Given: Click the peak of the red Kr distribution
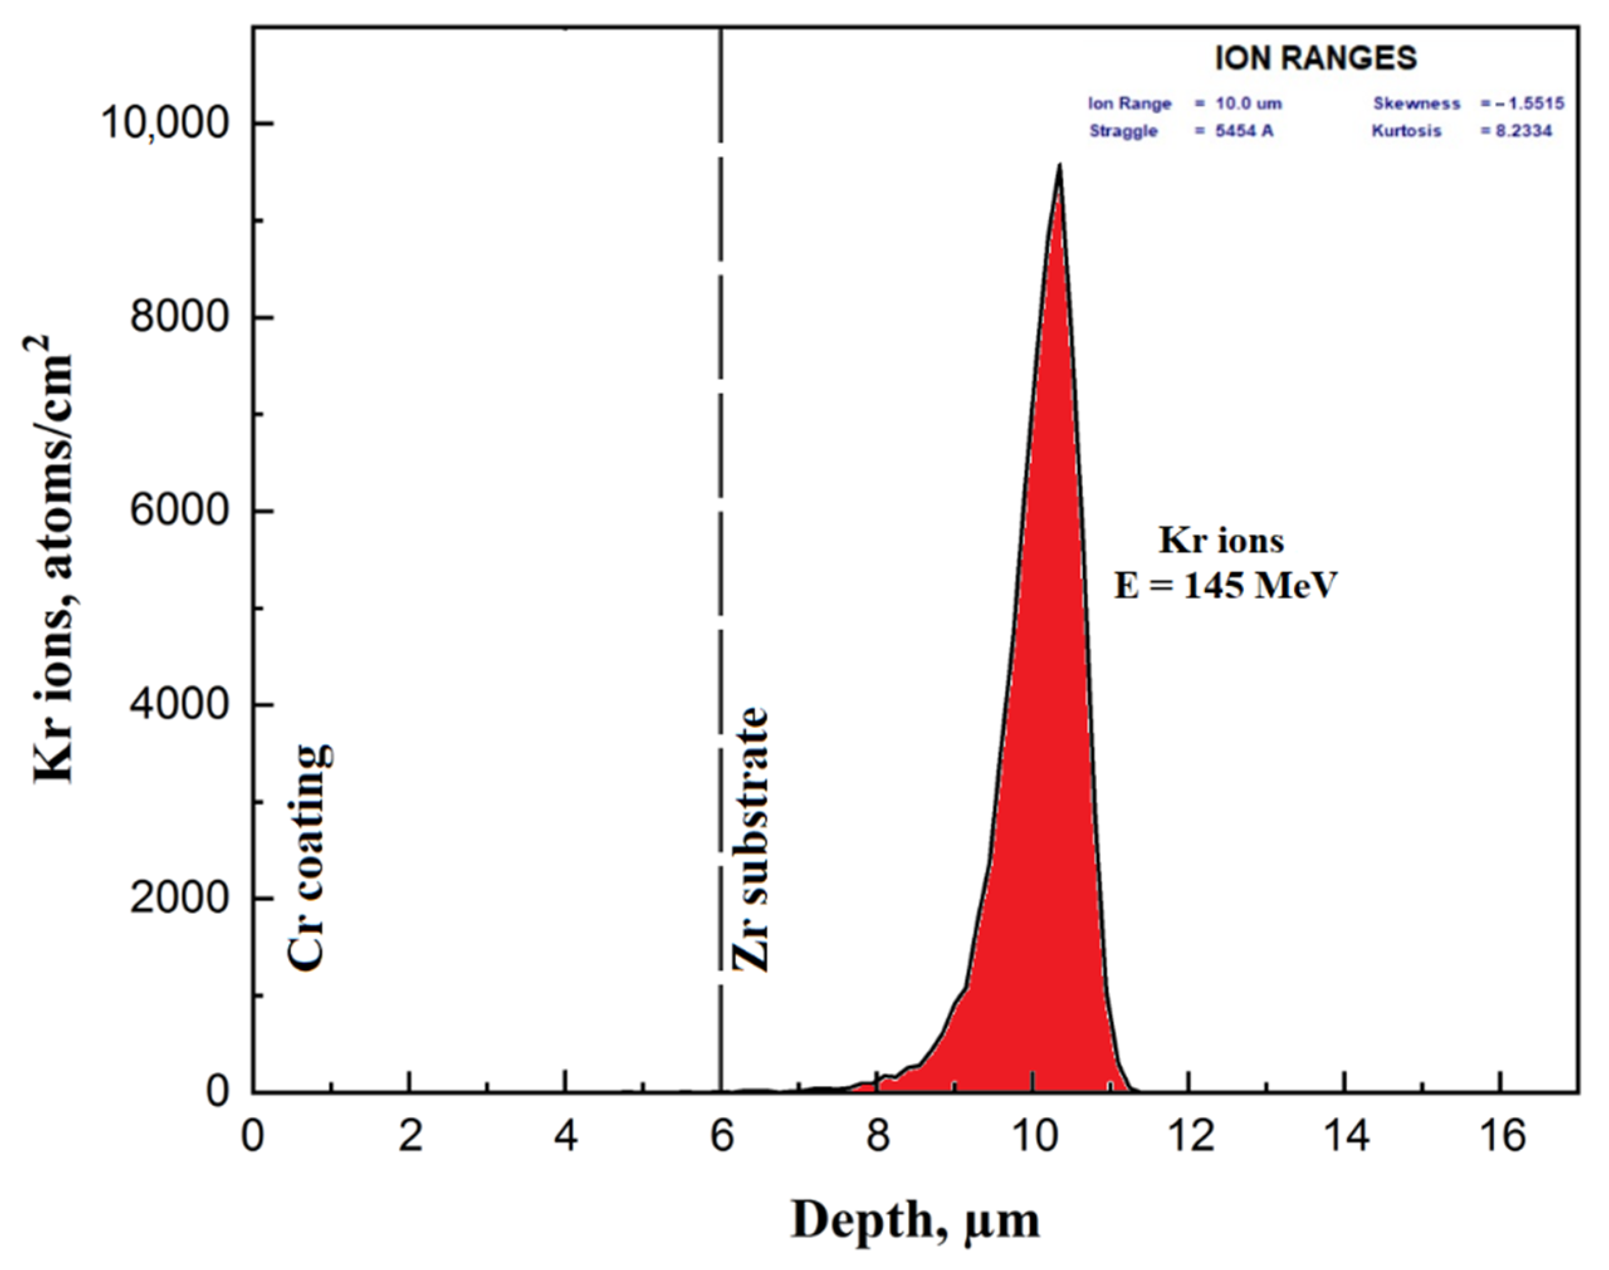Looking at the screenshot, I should click(1058, 167).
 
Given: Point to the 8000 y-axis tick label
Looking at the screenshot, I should click(178, 318).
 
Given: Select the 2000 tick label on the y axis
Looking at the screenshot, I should click(178, 899).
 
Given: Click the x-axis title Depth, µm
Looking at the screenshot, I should click(915, 1220).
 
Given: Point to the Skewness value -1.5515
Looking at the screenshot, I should click(1523, 104).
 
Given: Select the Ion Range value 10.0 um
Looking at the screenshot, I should click(1239, 104).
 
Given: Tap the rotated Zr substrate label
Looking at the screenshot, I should click(750, 840).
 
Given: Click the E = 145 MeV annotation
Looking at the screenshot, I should click(1225, 585).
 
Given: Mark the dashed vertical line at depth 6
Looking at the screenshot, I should click(720, 521).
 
